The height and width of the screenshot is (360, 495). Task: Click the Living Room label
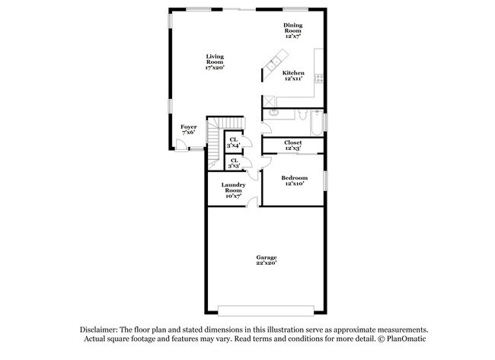[214, 62]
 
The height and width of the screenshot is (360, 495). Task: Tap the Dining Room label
[293, 31]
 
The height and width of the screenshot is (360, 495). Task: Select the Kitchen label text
[294, 76]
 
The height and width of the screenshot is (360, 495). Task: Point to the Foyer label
[188, 129]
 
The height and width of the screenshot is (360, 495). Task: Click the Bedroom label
[294, 180]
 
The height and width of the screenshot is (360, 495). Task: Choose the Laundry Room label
[232, 190]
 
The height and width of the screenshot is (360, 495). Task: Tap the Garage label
[266, 260]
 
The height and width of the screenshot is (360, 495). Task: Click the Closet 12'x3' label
[293, 145]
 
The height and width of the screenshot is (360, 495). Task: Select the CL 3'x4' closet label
[234, 142]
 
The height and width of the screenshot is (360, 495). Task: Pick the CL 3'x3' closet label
[234, 162]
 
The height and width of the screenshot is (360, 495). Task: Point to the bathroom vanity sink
[274, 112]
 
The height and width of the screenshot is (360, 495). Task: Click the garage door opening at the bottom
[265, 310]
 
